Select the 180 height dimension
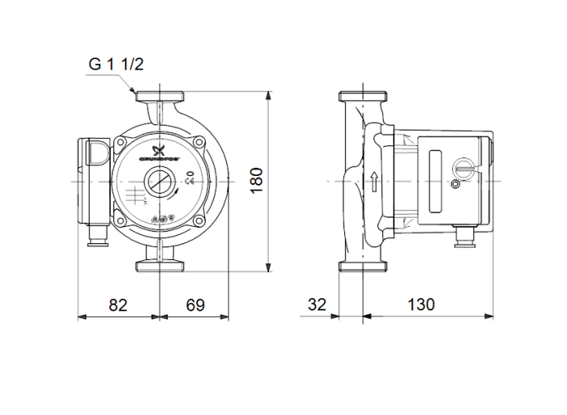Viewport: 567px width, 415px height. pyautogui.click(x=257, y=181)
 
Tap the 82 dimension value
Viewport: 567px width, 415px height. pyautogui.click(x=119, y=305)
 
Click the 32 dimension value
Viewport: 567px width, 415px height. pyautogui.click(x=318, y=305)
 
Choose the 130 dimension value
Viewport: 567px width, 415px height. pyautogui.click(x=420, y=305)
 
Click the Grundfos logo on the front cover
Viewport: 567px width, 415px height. pyautogui.click(x=159, y=152)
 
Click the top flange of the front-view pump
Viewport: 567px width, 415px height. pyautogui.click(x=162, y=96)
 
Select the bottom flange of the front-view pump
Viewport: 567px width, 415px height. pyautogui.click(x=162, y=265)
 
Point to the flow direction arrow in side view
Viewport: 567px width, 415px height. pyautogui.click(x=374, y=181)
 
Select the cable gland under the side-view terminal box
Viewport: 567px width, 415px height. pyautogui.click(x=465, y=235)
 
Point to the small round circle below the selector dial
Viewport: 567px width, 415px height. pyautogui.click(x=454, y=187)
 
